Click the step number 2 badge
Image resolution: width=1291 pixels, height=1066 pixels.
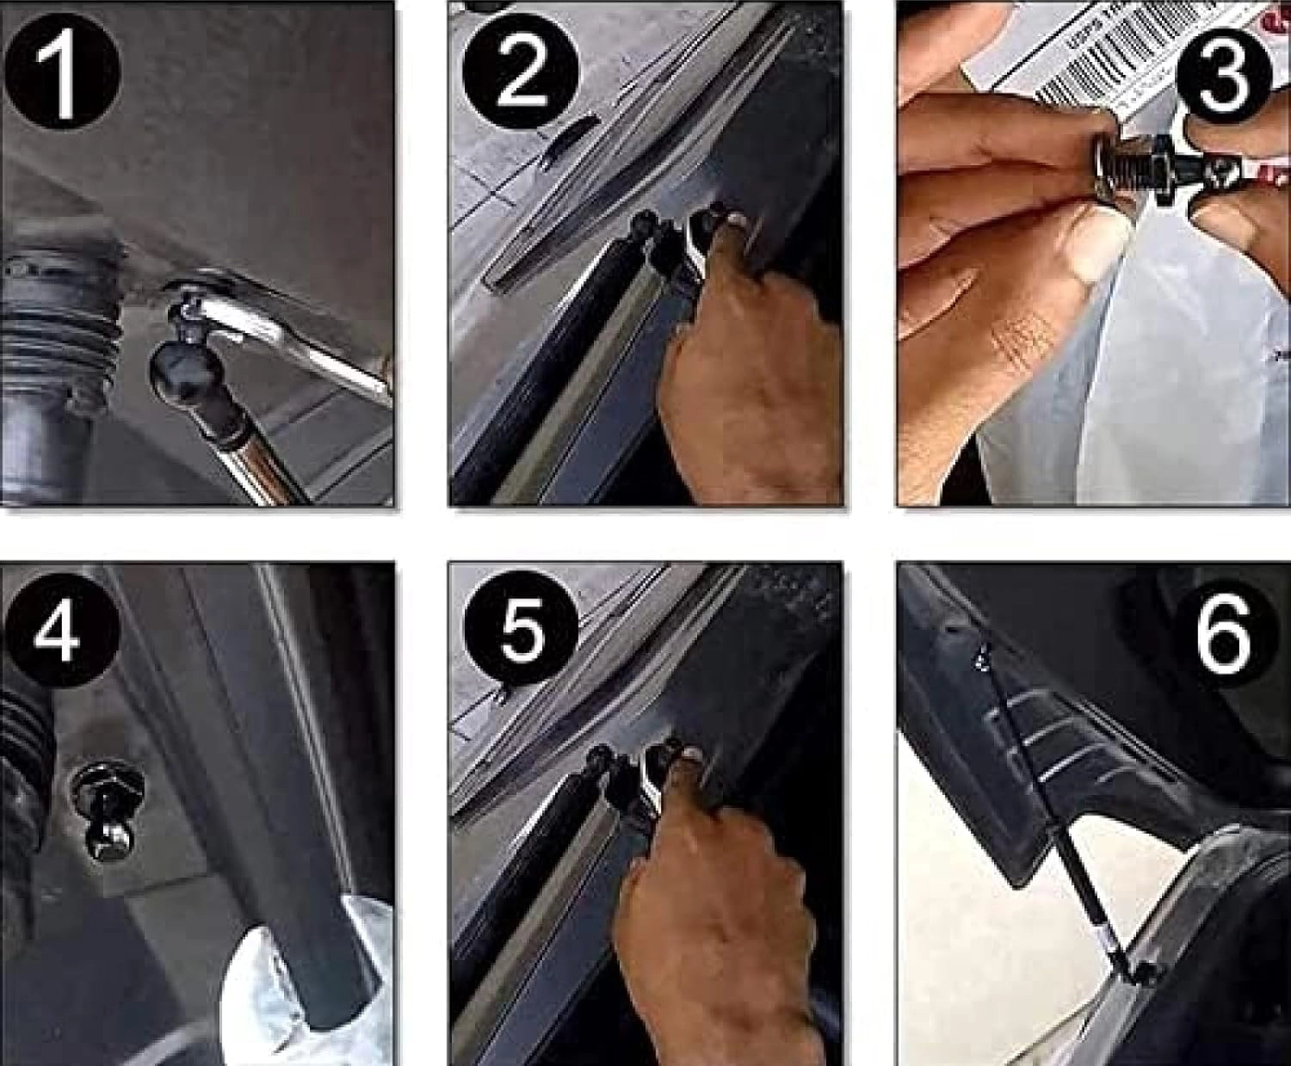point(521,73)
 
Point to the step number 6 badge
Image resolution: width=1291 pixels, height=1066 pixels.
point(1223,634)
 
